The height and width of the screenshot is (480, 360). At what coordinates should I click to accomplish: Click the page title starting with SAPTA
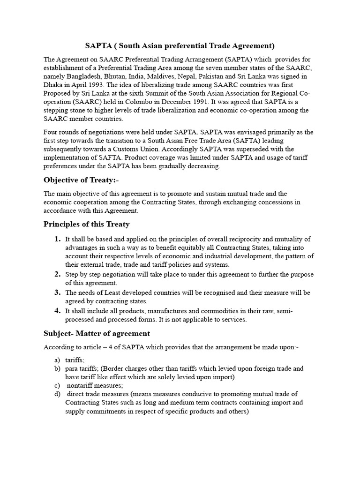click(x=180, y=45)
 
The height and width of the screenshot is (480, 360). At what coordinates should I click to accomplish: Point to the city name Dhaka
click(x=54, y=85)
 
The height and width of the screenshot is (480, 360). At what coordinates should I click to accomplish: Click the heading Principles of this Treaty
click(x=87, y=224)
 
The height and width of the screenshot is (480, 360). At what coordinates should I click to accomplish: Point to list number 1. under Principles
click(x=58, y=239)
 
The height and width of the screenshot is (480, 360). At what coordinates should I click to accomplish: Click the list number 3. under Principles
click(x=58, y=292)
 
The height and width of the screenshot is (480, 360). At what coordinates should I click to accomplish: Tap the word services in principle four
click(x=232, y=320)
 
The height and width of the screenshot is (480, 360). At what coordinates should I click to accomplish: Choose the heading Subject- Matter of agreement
click(x=97, y=333)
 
